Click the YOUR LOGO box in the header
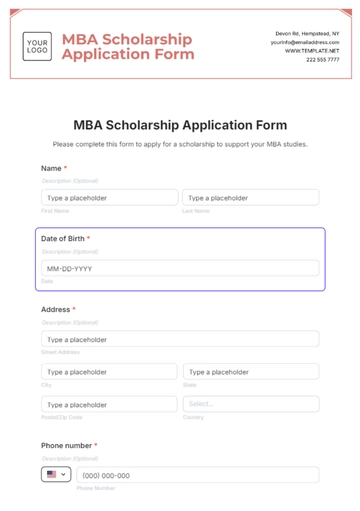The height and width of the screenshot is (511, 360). tap(37, 45)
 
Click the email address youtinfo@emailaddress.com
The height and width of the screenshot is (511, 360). tap(311, 42)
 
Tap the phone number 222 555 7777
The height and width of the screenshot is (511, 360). tap(322, 59)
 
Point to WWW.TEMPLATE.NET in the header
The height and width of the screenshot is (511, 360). tap(312, 51)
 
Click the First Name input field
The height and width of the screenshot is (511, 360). tap(108, 198)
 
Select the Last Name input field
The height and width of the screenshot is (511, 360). tap(249, 198)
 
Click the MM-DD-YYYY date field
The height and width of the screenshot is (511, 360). tap(180, 268)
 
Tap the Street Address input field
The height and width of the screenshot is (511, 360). tap(180, 339)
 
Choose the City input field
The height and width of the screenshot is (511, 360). tap(108, 372)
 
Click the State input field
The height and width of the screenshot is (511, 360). tap(250, 372)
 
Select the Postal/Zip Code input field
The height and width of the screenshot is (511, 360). tap(108, 404)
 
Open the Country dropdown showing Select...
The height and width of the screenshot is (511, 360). tap(250, 404)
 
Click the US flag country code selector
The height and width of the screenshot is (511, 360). tap(56, 475)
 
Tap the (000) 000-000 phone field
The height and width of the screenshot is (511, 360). tap(197, 475)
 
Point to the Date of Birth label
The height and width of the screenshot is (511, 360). tap(65, 239)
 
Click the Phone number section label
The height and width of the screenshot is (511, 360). tap(68, 445)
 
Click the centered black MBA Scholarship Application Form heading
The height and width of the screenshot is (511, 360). tap(180, 125)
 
